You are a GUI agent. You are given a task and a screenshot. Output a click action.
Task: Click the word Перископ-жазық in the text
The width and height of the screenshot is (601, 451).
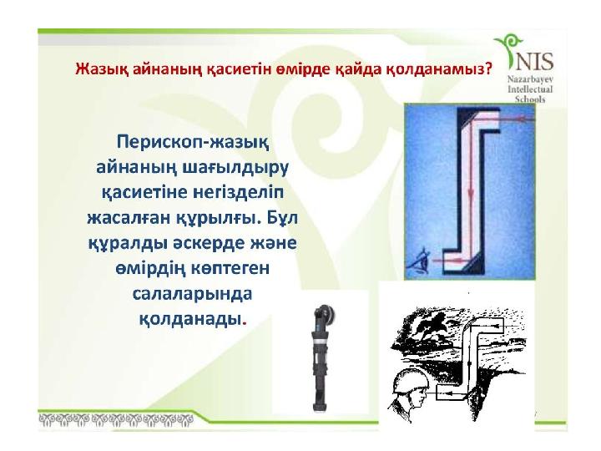[193, 142]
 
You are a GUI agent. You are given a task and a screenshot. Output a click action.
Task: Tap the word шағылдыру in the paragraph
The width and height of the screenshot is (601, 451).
[235, 168]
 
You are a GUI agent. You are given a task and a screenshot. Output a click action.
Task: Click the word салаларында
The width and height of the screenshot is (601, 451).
[193, 294]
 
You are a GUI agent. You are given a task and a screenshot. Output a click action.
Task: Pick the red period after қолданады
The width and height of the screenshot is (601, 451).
[245, 322]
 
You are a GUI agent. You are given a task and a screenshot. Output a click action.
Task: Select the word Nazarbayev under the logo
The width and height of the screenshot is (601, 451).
[530, 79]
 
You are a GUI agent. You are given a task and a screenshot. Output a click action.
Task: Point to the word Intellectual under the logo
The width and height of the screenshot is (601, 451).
[530, 89]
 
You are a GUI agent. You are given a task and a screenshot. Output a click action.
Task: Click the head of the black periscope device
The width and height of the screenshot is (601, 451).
[323, 314]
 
